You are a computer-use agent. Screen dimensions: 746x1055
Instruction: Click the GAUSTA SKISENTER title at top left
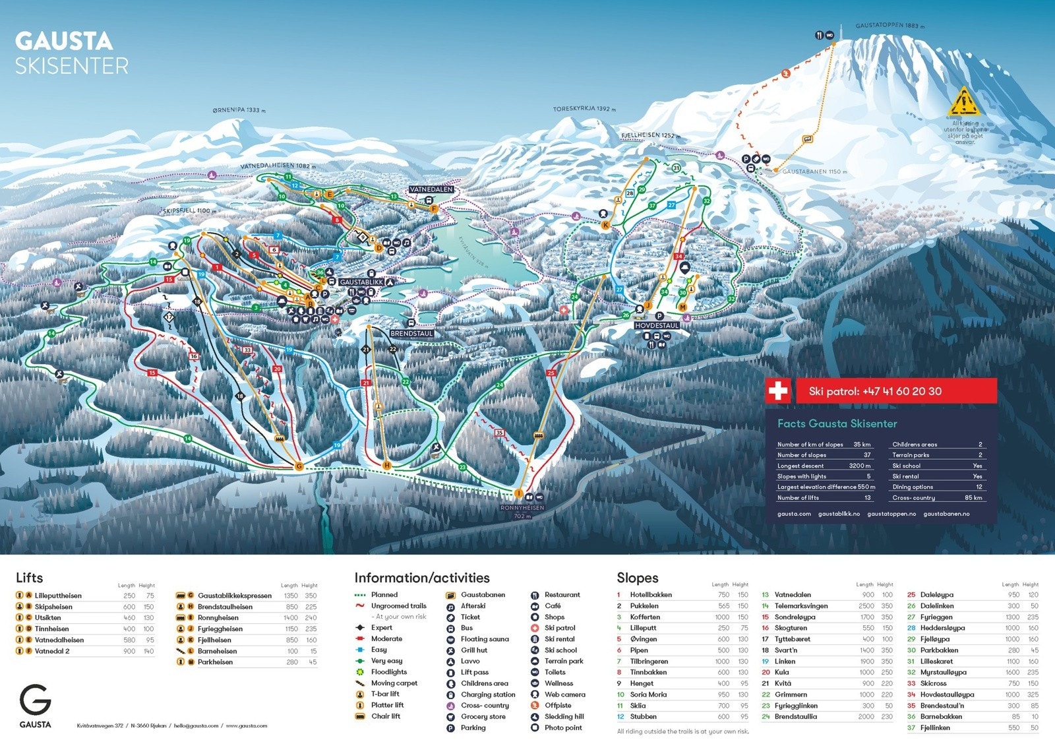coord(71,53)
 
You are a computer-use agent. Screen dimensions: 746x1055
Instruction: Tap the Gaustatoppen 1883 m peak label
coord(889,26)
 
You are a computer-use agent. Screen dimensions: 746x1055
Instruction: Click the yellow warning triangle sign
coord(964,103)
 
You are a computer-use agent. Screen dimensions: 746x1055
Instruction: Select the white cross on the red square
coord(778,391)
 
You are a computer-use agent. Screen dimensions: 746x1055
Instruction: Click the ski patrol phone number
coord(875,391)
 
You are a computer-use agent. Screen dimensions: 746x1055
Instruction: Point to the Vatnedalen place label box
coord(431,189)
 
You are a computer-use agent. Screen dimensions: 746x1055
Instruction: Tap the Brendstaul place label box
coord(411,334)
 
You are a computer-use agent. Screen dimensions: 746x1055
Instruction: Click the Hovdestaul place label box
coord(657,326)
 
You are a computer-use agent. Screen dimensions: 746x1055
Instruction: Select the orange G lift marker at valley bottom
coord(299,466)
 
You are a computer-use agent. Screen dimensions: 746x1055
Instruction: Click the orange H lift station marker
coord(387,466)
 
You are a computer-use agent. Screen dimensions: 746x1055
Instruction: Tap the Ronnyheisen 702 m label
coord(522,512)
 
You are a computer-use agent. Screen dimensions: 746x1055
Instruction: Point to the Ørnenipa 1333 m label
coord(239,110)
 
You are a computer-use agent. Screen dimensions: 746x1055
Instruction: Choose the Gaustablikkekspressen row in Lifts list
coord(234,596)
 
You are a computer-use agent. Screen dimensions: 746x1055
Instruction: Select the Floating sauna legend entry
coord(484,639)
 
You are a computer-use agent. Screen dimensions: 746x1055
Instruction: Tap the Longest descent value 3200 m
coord(859,466)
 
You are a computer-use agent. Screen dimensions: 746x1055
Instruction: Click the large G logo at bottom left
coord(35,700)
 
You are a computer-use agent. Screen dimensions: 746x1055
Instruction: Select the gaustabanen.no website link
coord(946,514)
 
